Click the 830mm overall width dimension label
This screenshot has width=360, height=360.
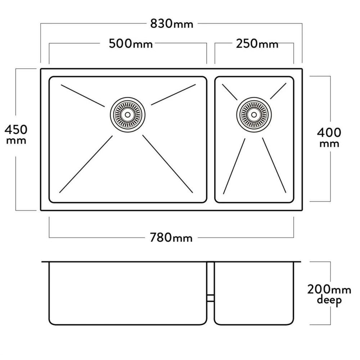pyautogui.click(x=172, y=24)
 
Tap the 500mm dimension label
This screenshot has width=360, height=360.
pyautogui.click(x=131, y=44)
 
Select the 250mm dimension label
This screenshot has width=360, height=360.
pyautogui.click(x=257, y=44)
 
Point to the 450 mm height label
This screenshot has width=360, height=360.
pyautogui.click(x=16, y=134)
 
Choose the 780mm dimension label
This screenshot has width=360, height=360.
pyautogui.click(x=171, y=238)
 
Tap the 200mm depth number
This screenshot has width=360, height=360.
pyautogui.click(x=329, y=289)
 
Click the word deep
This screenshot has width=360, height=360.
pyautogui.click(x=329, y=300)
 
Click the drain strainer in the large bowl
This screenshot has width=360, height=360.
pyautogui.click(x=128, y=114)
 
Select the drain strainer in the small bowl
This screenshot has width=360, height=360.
pyautogui.click(x=254, y=114)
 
